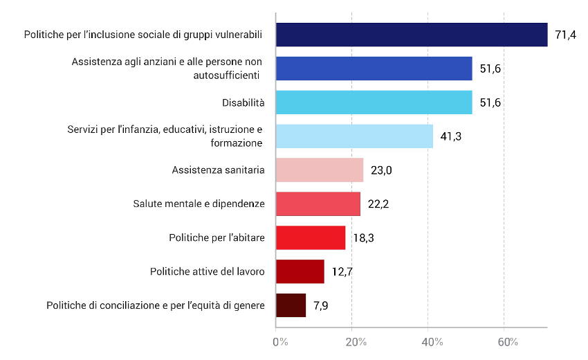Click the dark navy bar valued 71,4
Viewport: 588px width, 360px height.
[412, 35]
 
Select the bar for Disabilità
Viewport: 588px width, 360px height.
[374, 102]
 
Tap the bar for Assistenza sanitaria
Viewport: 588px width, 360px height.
[320, 170]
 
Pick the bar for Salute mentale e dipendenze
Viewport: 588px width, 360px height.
[318, 204]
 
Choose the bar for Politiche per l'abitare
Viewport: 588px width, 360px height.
[311, 237]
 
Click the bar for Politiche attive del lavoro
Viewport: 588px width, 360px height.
[300, 271]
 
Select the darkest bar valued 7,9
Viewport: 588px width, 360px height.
[291, 305]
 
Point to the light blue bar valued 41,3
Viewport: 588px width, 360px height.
[354, 136]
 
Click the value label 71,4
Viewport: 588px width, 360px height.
[565, 35]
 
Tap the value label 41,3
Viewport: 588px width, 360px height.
[451, 136]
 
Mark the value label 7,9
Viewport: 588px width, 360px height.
[321, 306]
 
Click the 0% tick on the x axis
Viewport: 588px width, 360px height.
[280, 342]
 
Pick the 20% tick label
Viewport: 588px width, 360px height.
[356, 342]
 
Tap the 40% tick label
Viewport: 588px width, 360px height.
[432, 342]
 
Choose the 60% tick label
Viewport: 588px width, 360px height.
[508, 342]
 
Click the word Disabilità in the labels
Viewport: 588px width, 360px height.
[243, 102]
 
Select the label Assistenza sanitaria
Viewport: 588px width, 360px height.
[218, 170]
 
